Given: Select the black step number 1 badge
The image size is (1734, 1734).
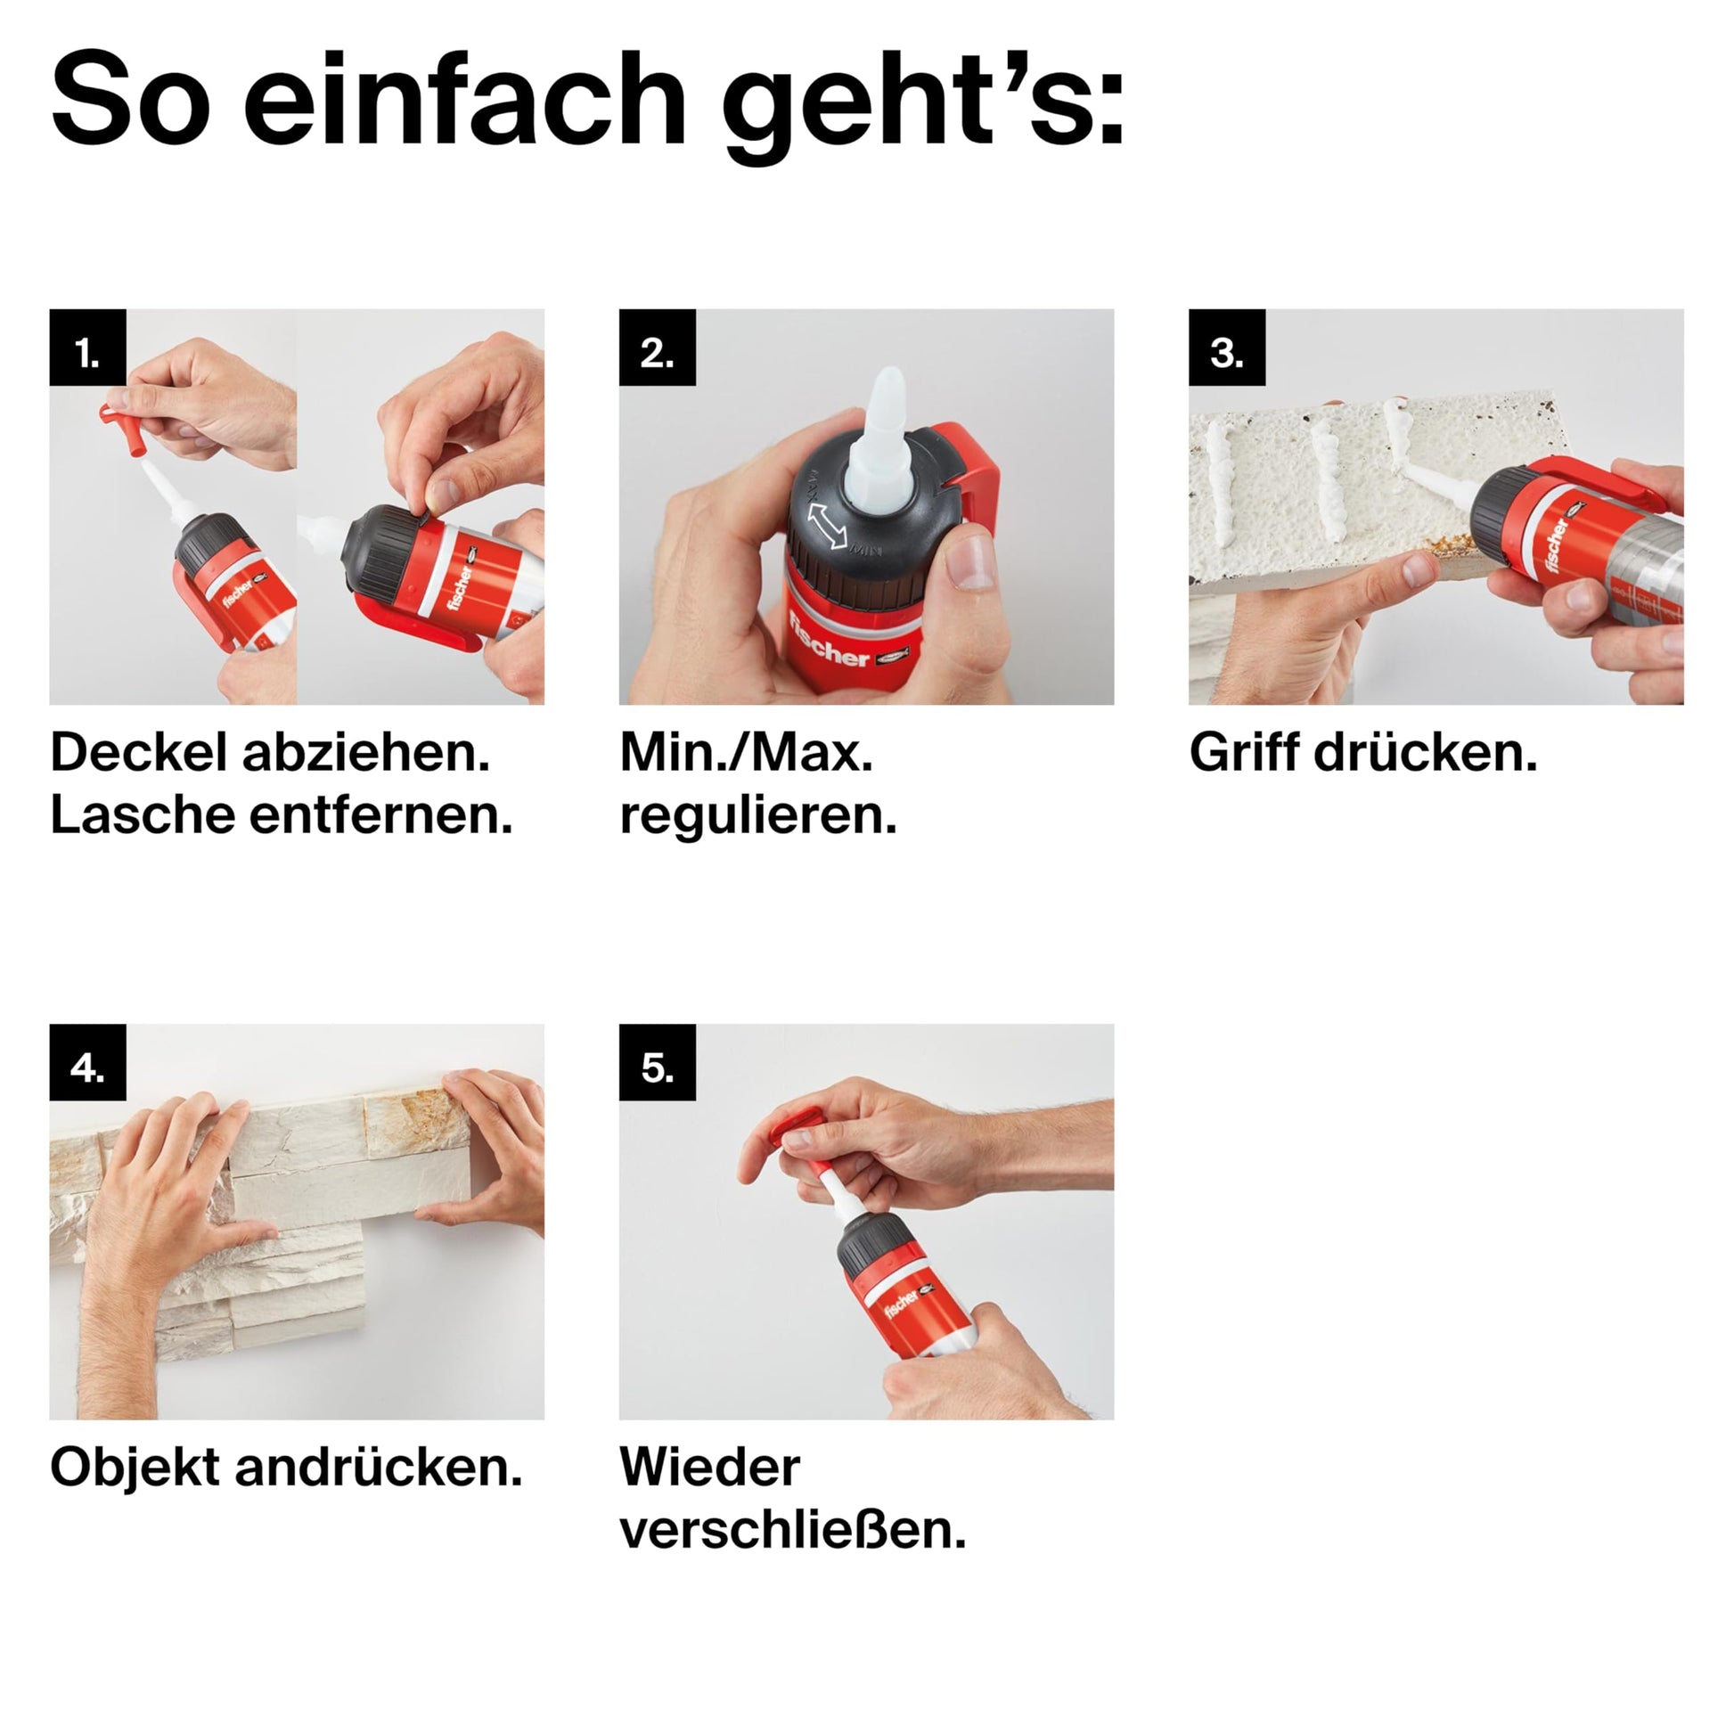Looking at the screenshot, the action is [x=88, y=348].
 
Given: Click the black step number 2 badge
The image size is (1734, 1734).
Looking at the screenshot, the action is [x=658, y=348].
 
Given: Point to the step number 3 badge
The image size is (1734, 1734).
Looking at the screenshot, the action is [x=1228, y=348].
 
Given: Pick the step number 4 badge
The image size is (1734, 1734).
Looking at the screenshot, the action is [x=88, y=1063].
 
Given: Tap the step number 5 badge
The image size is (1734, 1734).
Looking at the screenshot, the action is [x=658, y=1063].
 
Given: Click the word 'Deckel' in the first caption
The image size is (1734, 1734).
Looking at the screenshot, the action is [x=139, y=752].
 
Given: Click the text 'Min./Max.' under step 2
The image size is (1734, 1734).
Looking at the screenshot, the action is [x=747, y=753].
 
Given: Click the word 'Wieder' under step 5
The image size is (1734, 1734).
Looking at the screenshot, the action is [x=710, y=1468].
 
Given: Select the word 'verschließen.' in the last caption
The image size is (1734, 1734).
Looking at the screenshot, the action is [x=793, y=1530].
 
